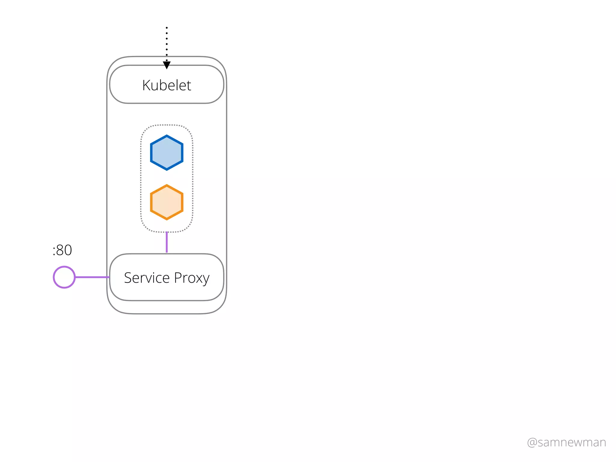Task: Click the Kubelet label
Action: (x=167, y=85)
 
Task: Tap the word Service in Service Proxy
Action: (x=147, y=278)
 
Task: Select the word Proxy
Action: (x=192, y=278)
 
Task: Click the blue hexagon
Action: (x=167, y=153)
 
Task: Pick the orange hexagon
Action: (x=167, y=202)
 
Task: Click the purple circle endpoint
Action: (x=64, y=277)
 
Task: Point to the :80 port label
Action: (x=62, y=250)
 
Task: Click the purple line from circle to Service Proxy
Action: (x=92, y=277)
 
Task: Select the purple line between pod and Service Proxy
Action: (x=167, y=242)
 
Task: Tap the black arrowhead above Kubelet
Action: (x=167, y=65)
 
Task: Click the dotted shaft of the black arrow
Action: (x=167, y=44)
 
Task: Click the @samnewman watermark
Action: (x=566, y=442)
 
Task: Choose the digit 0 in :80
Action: (x=68, y=250)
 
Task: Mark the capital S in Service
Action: (x=128, y=278)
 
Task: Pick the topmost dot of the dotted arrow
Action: (x=167, y=28)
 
